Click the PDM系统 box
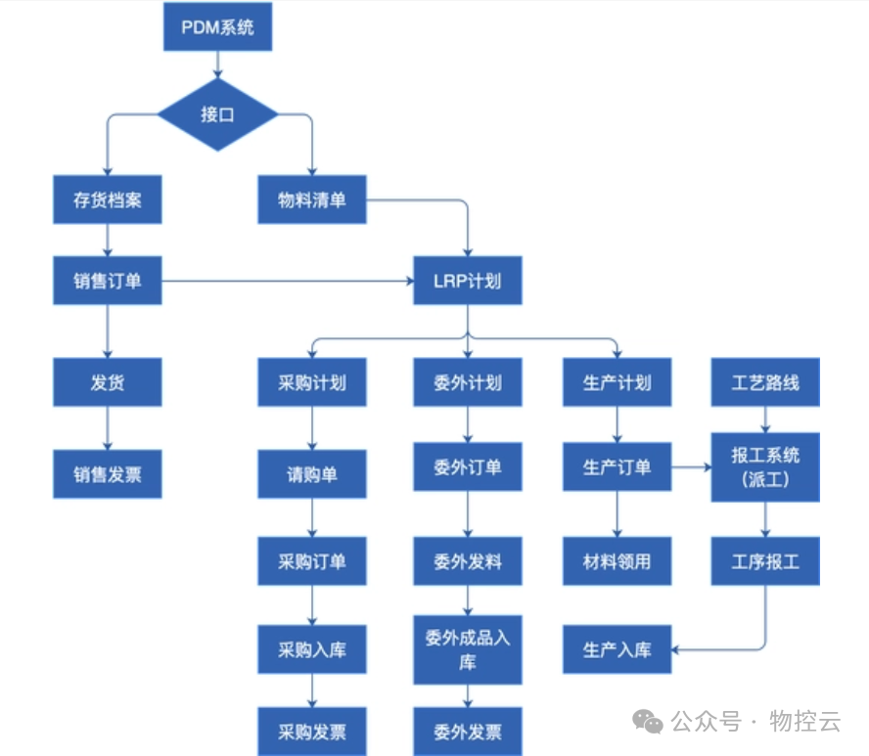[x=217, y=26]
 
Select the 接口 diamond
[x=217, y=114]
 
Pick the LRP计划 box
[x=468, y=281]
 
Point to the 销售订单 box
[x=107, y=281]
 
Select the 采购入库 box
[x=312, y=649]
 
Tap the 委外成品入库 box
[x=468, y=649]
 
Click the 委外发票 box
[x=468, y=732]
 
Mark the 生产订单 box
[x=617, y=467]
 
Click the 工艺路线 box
[x=765, y=382]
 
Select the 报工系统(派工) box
[x=765, y=467]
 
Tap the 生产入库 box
[x=617, y=649]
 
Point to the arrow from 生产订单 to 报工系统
[x=691, y=467]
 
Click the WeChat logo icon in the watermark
[x=648, y=722]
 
